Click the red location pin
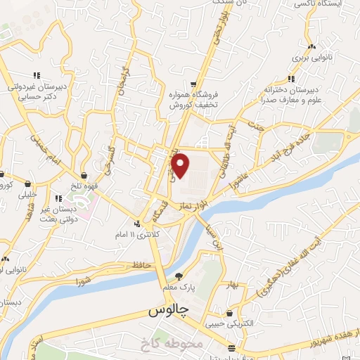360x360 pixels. click(181, 165)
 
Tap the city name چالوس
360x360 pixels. click(169, 310)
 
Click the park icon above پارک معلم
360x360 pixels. click(179, 276)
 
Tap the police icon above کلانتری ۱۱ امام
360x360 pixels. click(137, 224)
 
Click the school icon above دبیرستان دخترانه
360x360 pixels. click(291, 79)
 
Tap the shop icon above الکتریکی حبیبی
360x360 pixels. click(231, 313)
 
